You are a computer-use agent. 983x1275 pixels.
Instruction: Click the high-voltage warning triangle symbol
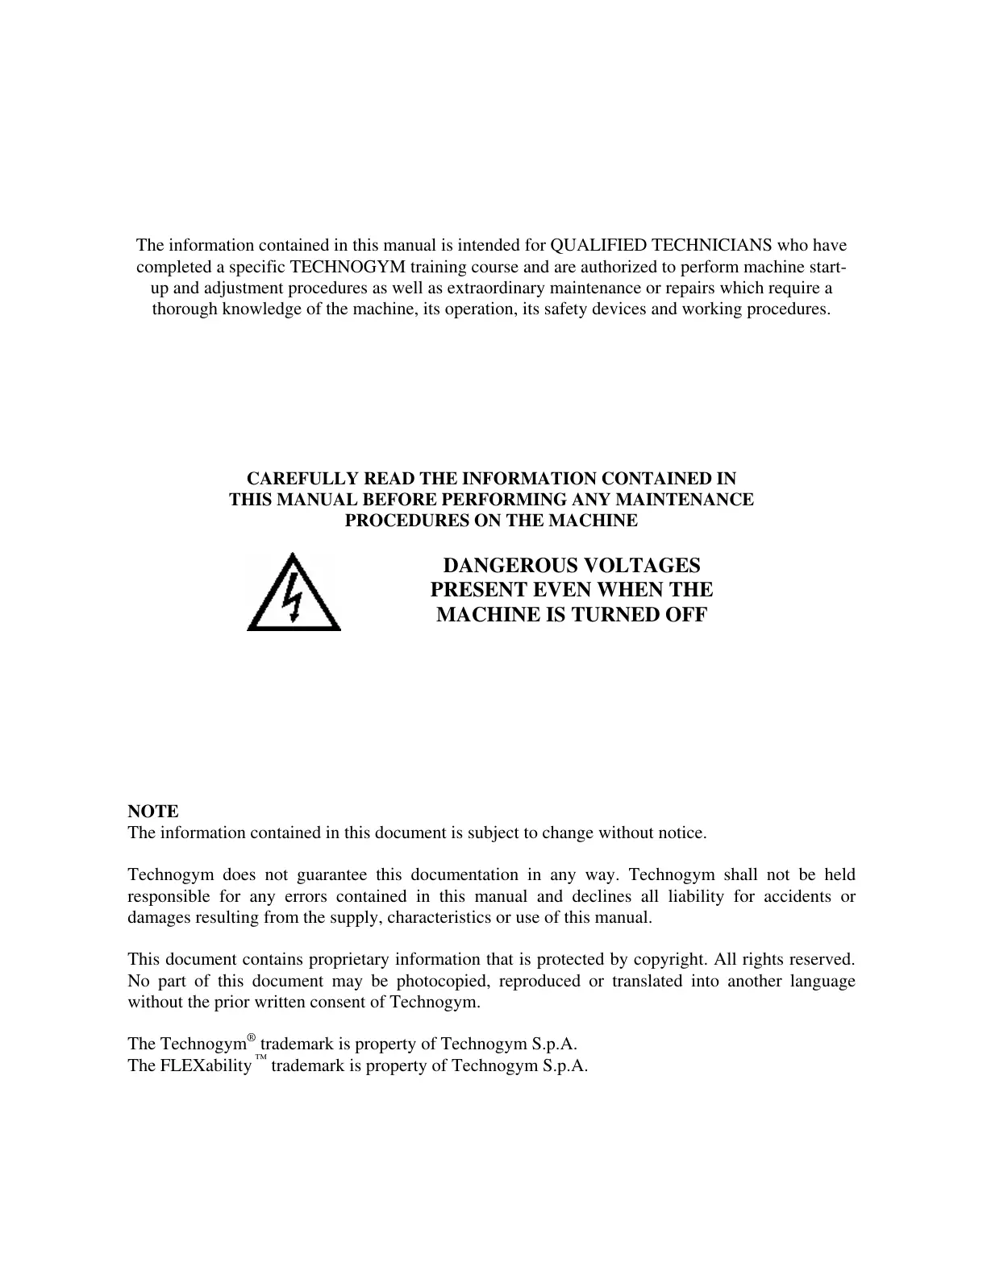pos(294,593)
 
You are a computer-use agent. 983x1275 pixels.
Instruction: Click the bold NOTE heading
pos(153,812)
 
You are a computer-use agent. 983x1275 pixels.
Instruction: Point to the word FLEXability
pos(206,1065)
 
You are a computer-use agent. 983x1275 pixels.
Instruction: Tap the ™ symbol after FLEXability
pos(260,1059)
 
